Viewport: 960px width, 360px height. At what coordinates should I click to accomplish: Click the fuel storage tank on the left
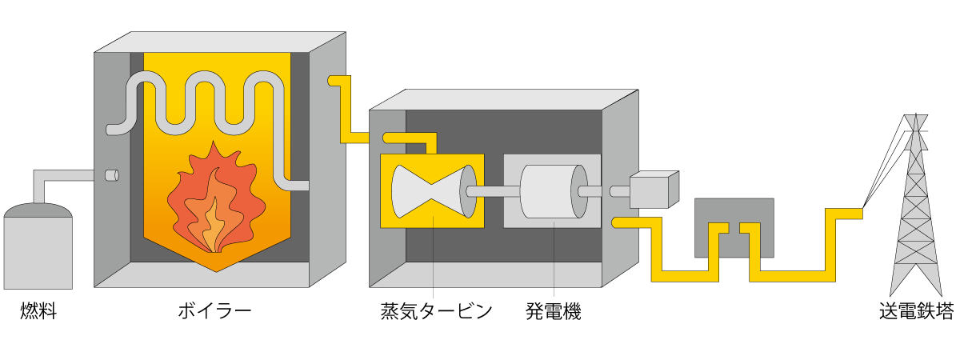coord(38,252)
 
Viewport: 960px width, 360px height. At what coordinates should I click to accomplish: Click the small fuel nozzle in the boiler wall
coord(111,175)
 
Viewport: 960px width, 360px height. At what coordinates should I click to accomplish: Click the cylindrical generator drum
coord(550,191)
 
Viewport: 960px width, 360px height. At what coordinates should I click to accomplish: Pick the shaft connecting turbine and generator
coord(493,191)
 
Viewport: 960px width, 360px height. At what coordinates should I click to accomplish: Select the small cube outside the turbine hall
coord(650,192)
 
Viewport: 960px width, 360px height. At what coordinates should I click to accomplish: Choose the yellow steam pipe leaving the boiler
coord(346,112)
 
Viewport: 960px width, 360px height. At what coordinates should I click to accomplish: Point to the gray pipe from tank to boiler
coord(64,175)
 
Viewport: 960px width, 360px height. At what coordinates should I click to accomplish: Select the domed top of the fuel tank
coord(38,210)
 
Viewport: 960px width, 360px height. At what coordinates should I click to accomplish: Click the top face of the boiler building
coord(220,42)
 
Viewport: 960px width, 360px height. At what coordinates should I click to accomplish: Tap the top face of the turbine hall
coord(504,99)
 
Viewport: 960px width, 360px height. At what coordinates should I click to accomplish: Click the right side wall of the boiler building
coord(327,160)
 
